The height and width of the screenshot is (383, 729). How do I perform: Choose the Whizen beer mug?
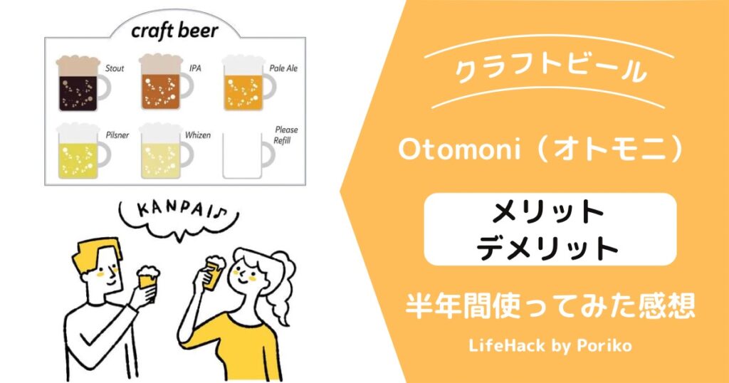(164, 151)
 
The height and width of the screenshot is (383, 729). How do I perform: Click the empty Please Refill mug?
(247, 156)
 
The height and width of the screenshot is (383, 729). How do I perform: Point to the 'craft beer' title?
(175, 31)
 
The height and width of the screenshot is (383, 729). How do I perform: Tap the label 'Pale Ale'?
(283, 68)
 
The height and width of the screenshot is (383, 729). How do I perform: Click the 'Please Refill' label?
(285, 135)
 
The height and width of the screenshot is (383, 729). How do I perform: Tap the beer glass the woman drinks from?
(214, 273)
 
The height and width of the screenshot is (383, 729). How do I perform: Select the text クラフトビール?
(550, 70)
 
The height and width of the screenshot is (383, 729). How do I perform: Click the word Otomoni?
(459, 149)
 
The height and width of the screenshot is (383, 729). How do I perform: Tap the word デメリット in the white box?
(547, 248)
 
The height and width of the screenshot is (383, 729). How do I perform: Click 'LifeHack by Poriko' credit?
(550, 346)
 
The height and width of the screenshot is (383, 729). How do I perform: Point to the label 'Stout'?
(115, 68)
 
